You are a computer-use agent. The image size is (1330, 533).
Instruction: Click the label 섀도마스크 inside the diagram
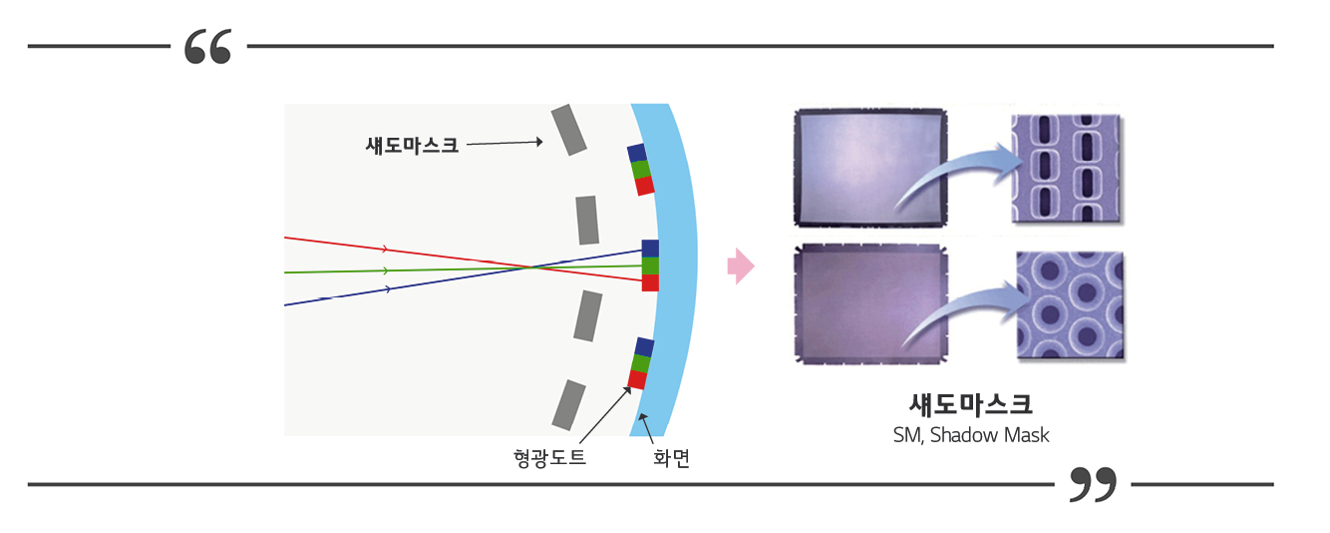coord(412,145)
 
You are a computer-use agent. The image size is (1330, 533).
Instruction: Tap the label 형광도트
coord(549,459)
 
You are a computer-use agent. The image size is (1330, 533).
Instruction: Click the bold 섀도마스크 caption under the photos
coord(970,404)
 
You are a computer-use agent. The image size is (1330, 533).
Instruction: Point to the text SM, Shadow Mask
coord(970,435)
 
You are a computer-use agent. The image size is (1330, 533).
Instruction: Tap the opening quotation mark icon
coord(208,47)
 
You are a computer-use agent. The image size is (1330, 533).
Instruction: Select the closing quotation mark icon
coord(1093,484)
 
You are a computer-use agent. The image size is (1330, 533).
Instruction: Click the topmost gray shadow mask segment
coord(568,130)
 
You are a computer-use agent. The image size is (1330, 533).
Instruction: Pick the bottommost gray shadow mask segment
coord(569,404)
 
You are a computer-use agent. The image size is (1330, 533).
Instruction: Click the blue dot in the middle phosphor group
coord(650,249)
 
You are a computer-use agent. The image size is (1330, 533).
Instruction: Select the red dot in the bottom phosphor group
coord(637,380)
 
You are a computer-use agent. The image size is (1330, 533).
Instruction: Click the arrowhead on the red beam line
coord(385,250)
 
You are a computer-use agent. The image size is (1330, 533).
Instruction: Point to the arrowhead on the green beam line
coord(385,270)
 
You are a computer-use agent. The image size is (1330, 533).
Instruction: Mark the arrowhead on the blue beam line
coord(387,289)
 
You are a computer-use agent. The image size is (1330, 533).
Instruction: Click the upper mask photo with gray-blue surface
coord(868,166)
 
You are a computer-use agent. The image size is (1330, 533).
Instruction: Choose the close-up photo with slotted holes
coord(1066,168)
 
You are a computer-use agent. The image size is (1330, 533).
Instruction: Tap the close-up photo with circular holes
coord(1070,305)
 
